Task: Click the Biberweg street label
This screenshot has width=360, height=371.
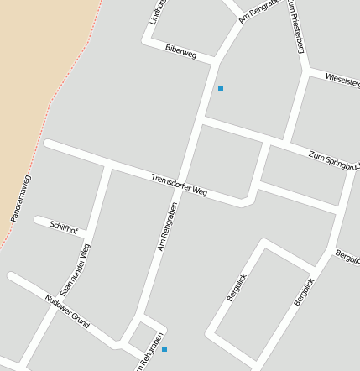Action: (x=180, y=52)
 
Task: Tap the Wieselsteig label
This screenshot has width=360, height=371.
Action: (x=342, y=80)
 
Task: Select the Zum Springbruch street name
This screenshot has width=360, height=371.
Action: (x=333, y=159)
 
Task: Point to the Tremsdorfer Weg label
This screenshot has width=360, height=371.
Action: (x=179, y=185)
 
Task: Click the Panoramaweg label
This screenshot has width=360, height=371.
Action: (x=21, y=199)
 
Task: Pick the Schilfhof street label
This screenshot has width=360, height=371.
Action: (x=64, y=227)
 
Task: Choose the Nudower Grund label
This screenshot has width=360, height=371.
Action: (x=67, y=310)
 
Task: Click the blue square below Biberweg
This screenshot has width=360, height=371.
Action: (x=221, y=88)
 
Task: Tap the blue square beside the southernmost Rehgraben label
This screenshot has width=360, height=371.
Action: (x=164, y=349)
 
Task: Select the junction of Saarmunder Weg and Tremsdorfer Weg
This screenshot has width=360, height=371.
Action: (x=107, y=165)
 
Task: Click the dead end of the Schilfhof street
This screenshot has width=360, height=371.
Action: (x=38, y=221)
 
